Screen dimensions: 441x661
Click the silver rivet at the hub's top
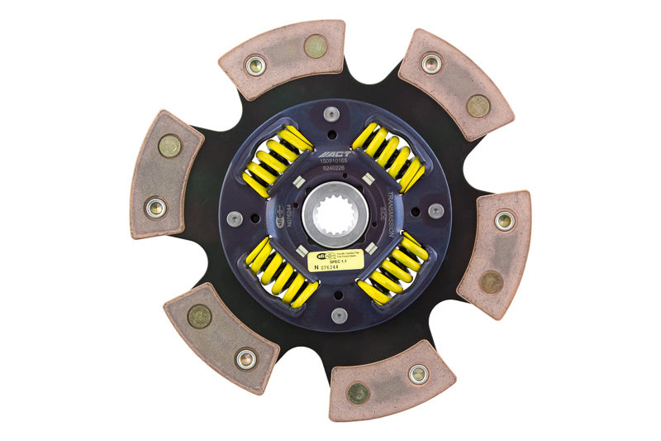click(x=331, y=114)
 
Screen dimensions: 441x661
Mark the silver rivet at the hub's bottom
click(x=339, y=315)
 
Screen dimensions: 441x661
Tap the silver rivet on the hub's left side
click(x=235, y=218)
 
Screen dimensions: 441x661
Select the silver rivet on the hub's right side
click(x=435, y=211)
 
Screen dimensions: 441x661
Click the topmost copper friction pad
click(x=282, y=59)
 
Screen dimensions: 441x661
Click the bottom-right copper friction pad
click(x=391, y=381)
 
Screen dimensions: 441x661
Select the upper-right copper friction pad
click(x=455, y=84)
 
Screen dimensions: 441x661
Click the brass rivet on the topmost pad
click(x=316, y=46)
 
